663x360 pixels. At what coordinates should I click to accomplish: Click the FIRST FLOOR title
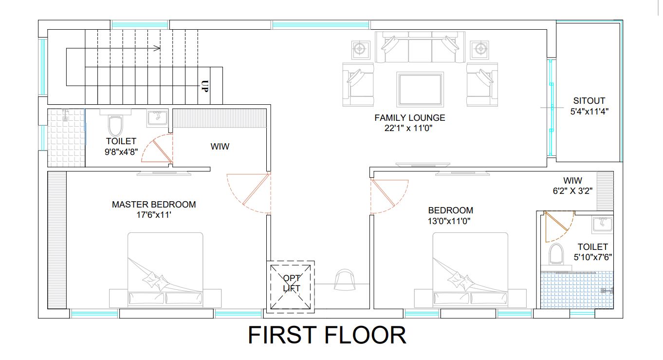tap(327, 335)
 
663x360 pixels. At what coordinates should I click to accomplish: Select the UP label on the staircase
tap(204, 86)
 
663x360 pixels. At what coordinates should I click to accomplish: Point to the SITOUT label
tap(589, 101)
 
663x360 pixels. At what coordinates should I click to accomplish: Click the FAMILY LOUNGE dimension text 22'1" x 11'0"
tap(408, 128)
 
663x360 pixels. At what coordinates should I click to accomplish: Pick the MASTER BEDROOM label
tap(154, 205)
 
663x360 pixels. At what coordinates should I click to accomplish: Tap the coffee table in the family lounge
tap(420, 89)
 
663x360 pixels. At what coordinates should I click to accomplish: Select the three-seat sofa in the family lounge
tap(420, 47)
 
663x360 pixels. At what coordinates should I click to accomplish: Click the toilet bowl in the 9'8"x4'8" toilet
tap(115, 125)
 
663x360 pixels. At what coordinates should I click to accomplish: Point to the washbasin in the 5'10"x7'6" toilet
tap(603, 225)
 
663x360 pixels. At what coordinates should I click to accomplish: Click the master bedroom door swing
tap(249, 193)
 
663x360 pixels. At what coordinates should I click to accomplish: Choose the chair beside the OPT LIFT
tap(345, 280)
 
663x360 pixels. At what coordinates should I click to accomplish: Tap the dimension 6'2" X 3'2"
tap(572, 191)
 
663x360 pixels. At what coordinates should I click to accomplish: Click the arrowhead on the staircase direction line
tap(157, 48)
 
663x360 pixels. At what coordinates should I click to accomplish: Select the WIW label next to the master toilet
tap(220, 146)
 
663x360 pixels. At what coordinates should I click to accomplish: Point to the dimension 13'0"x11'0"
tap(449, 221)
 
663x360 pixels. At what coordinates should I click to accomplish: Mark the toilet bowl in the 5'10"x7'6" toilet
tap(556, 254)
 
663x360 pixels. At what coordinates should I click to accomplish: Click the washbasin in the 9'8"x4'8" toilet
tap(157, 118)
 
